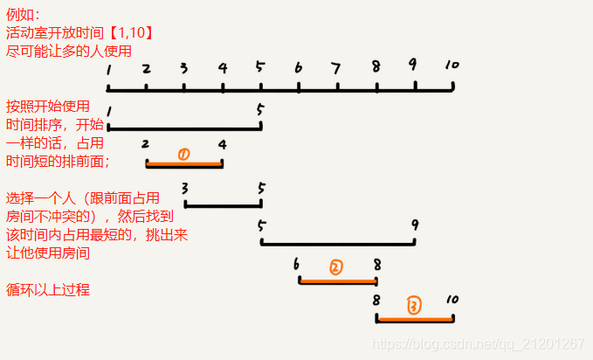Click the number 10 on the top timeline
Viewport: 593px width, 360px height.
[x=451, y=66]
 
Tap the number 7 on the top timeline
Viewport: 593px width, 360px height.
[x=336, y=67]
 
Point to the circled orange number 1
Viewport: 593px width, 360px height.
[x=183, y=155]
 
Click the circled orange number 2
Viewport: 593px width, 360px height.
[x=336, y=267]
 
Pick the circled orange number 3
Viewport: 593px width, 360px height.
[x=414, y=305]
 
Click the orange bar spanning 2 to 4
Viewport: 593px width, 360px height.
[x=184, y=163]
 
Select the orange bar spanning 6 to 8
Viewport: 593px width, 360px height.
[x=338, y=281]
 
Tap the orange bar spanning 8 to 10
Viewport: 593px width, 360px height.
[x=415, y=320]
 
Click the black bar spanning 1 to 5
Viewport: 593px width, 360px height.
[x=184, y=128]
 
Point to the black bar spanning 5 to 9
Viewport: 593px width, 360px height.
[x=338, y=244]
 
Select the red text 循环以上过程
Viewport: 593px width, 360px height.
[x=48, y=290]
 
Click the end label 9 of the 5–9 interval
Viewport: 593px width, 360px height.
[x=414, y=225]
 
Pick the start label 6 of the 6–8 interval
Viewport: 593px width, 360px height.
[x=297, y=263]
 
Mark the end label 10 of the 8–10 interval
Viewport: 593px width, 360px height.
[x=452, y=300]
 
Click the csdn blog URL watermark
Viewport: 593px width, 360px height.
[x=479, y=344]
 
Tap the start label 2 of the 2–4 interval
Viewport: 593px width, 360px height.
[x=145, y=143]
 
